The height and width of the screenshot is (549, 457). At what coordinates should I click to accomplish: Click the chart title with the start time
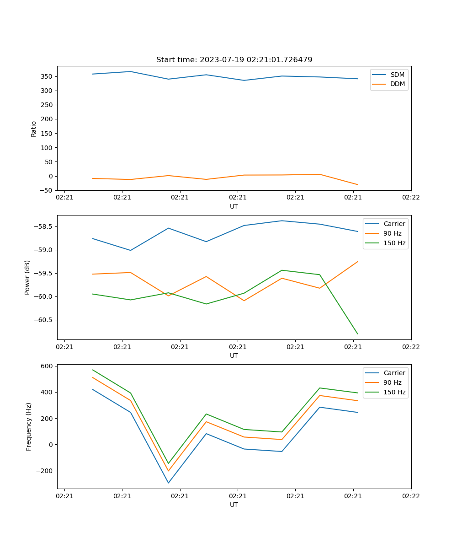point(234,60)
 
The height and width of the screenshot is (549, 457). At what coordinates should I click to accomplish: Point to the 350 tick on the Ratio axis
point(48,76)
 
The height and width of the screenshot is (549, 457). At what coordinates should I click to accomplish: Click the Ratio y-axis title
point(33,129)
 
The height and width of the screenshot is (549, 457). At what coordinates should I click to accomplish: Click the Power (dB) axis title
point(27,277)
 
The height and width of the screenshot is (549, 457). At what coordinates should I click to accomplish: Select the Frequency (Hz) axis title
point(29,426)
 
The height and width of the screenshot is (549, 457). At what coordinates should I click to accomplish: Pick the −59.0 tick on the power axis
point(44,250)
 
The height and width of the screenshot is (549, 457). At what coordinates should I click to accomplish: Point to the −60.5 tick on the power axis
point(44,320)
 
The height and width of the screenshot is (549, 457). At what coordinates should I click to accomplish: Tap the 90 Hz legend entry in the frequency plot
point(392,382)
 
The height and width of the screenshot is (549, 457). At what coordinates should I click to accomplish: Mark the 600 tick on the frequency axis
point(48,366)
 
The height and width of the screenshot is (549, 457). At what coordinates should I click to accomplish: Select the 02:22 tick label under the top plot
point(411,198)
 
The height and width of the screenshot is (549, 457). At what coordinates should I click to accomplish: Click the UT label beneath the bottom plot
point(234,505)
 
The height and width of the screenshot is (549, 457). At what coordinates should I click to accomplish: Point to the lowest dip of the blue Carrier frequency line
point(168,483)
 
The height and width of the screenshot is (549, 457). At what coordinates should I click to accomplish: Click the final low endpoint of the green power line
point(357,334)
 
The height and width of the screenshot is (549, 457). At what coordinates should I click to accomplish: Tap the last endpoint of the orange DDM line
point(357,184)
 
